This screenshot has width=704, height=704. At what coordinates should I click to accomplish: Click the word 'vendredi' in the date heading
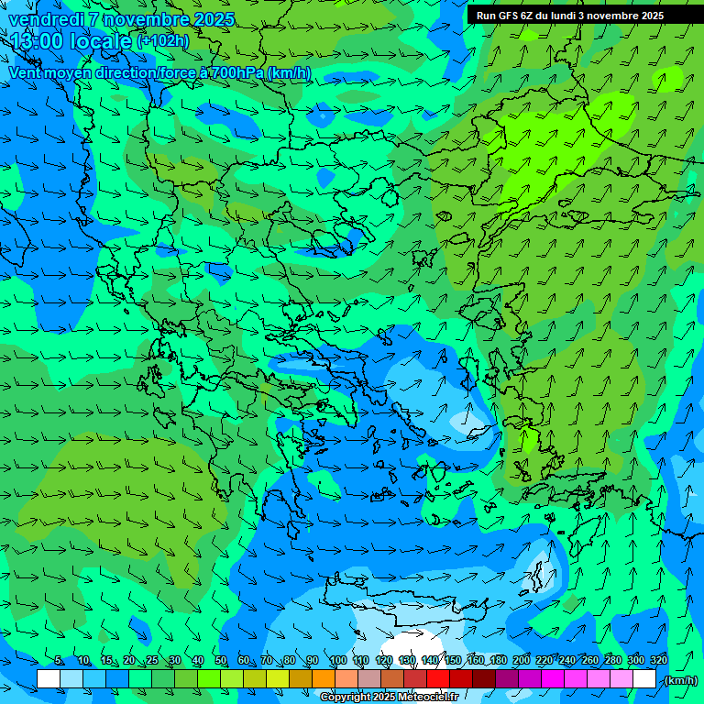46,19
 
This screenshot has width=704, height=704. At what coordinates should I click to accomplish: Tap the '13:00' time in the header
38,41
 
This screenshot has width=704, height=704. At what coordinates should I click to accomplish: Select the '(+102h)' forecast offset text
163,41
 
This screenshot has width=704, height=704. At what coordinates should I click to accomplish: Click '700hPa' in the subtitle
237,72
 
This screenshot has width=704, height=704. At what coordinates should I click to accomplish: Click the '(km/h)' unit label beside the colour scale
679,680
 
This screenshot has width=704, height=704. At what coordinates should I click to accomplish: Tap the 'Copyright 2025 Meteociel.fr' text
390,698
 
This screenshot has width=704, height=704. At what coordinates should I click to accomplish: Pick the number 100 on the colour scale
338,661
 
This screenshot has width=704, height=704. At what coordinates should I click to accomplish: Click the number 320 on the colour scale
658,661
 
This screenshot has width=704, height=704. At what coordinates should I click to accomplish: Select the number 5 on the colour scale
59,661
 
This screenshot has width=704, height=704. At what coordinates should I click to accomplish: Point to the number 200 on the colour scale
522,661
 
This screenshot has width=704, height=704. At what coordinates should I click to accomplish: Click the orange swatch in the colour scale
324,679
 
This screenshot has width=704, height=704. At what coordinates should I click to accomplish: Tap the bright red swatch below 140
438,679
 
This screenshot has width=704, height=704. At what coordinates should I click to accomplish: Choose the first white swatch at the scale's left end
49,679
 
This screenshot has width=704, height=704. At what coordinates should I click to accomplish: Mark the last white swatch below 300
644,679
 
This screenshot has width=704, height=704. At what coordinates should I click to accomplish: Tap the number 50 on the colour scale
221,661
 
